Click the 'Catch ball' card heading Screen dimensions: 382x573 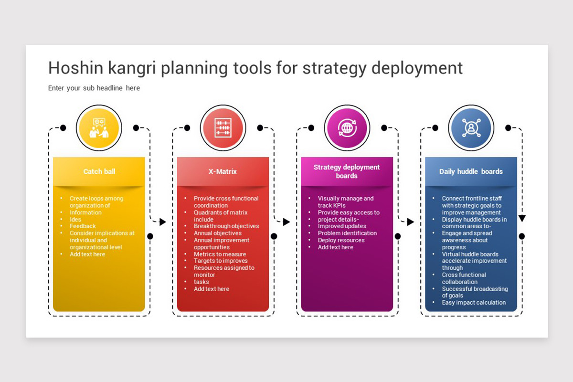(x=99, y=171)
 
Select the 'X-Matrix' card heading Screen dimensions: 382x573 (x=223, y=171)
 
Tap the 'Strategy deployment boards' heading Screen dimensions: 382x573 (x=347, y=171)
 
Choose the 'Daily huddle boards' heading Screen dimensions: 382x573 (x=471, y=171)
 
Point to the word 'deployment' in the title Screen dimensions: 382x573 (x=417, y=68)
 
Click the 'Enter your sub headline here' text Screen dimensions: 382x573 (x=94, y=88)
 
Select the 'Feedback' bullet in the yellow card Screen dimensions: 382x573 (x=83, y=226)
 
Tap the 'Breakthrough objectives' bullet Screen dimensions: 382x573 (x=226, y=226)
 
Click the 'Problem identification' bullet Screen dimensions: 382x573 (x=347, y=233)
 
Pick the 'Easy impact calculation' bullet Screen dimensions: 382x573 (x=474, y=302)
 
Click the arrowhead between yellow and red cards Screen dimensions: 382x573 (x=162, y=222)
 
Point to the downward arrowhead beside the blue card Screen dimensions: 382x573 (x=522, y=218)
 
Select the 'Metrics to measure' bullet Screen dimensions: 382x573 (x=220, y=254)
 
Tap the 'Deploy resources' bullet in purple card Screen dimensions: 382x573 (x=341, y=240)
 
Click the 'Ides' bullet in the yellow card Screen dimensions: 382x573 (x=75, y=220)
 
